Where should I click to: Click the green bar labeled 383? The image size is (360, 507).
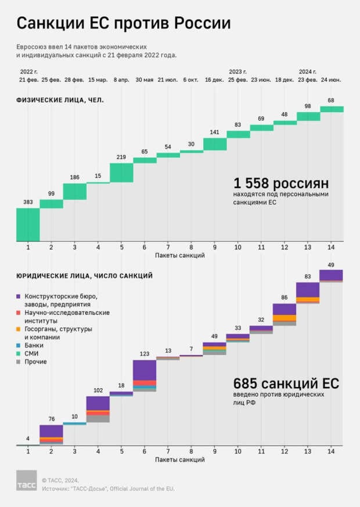pyautogui.click(x=28, y=224)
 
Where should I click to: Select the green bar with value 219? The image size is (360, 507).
pyautogui.click(x=121, y=172)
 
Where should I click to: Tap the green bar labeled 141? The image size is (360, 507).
pyautogui.click(x=215, y=144)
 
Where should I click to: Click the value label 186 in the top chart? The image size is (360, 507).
pyautogui.click(x=75, y=176)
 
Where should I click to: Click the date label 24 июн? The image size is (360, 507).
pyautogui.click(x=332, y=79)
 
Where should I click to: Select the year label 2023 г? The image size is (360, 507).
pyautogui.click(x=239, y=71)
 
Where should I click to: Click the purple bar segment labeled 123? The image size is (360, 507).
pyautogui.click(x=145, y=370)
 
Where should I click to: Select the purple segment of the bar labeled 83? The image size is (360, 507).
pyautogui.click(x=308, y=289)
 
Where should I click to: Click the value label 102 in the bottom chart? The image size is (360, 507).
pyautogui.click(x=98, y=390)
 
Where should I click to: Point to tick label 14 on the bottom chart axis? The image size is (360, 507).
pyautogui.click(x=332, y=451)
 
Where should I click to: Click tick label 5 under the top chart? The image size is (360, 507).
pyautogui.click(x=121, y=247)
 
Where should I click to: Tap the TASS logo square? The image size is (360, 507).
pyautogui.click(x=26, y=480)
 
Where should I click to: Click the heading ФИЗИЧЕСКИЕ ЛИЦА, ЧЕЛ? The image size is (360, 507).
pyautogui.click(x=60, y=100)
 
